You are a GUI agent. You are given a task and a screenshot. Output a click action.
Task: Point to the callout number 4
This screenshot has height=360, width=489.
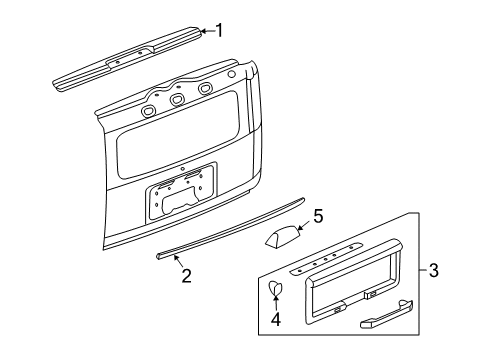point(276,322)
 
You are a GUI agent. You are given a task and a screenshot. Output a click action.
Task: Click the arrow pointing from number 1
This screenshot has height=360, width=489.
point(205,31)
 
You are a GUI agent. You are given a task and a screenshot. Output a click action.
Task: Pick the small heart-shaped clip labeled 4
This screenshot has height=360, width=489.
point(277,289)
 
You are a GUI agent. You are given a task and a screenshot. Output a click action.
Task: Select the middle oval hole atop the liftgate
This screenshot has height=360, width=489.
point(178,99)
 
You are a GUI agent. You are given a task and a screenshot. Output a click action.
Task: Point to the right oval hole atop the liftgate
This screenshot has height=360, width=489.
point(205,89)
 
